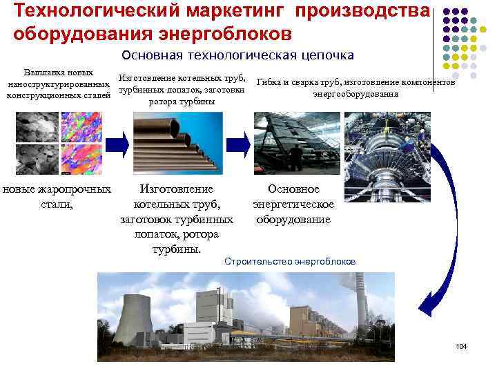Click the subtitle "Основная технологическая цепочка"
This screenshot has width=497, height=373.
pos(237,55)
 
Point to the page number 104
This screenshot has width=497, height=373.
pos(462,345)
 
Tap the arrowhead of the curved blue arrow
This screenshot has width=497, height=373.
pos(423,305)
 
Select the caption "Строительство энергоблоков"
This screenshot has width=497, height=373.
pos(291,262)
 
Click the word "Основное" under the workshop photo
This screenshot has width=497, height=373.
pos(294,189)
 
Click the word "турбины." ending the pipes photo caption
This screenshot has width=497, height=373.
pos(177,249)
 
